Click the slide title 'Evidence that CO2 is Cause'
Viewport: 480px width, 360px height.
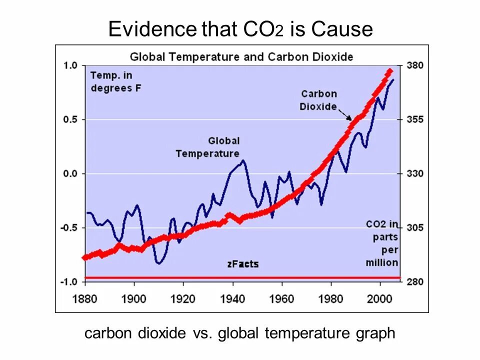(240, 29)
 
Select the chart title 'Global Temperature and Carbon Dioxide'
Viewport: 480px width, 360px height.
(241, 56)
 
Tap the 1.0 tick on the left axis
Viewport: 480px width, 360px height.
(70, 65)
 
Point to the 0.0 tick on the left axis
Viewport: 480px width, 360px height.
(70, 173)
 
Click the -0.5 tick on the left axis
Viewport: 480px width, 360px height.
(69, 227)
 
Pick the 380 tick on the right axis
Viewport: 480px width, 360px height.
(415, 65)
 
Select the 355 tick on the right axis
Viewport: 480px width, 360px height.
(415, 119)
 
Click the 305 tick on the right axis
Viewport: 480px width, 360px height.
(415, 227)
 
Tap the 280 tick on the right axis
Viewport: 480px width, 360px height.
(415, 281)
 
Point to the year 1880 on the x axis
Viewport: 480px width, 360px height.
(85, 298)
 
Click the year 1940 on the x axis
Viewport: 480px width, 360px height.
(232, 298)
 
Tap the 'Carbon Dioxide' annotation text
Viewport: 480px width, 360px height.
(318, 100)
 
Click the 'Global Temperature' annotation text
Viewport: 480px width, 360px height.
(208, 147)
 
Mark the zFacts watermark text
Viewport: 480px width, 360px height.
(242, 264)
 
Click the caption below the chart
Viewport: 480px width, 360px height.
(240, 333)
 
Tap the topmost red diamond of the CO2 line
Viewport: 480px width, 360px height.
(389, 71)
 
